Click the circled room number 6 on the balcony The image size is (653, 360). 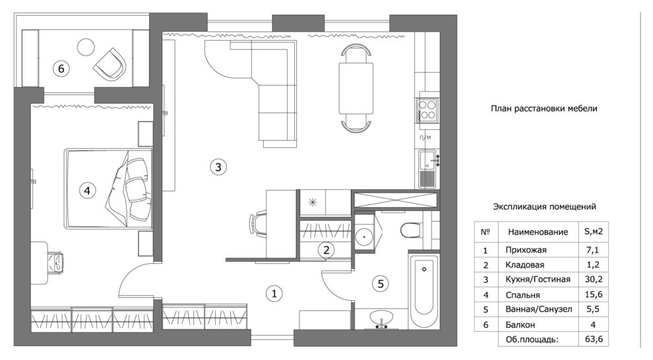click(61, 69)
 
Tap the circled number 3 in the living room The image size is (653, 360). click(218, 167)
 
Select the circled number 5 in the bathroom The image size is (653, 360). click(380, 284)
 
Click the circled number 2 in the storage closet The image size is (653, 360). click(326, 250)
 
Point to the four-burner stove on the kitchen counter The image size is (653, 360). click(427, 110)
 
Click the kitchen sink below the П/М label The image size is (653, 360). click(427, 169)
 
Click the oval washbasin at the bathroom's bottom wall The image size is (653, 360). click(381, 318)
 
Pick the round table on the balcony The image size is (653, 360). click(86, 47)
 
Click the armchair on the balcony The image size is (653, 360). click(110, 64)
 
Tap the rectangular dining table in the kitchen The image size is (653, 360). click(356, 88)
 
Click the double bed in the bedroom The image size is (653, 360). click(108, 189)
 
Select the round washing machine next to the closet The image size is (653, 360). click(365, 236)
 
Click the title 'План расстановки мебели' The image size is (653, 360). click(544, 109)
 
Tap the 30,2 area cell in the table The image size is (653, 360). click(594, 280)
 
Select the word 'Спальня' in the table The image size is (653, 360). click(522, 295)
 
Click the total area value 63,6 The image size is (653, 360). click(594, 339)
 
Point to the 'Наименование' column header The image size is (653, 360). click(538, 232)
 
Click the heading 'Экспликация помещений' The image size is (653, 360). click(544, 207)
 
